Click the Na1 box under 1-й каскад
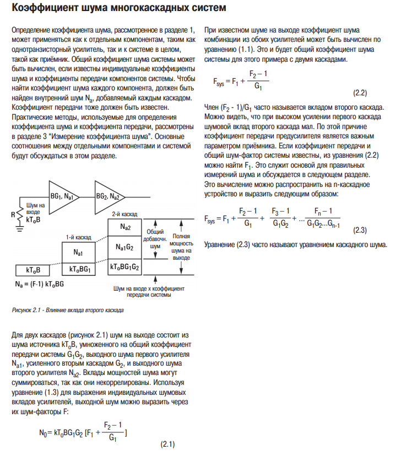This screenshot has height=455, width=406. click(x=77, y=251)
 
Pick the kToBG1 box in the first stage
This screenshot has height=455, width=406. click(x=77, y=269)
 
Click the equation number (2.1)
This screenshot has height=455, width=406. click(x=167, y=444)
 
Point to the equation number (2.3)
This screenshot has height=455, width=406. click(x=360, y=229)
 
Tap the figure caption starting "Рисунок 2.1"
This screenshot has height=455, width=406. click(x=67, y=310)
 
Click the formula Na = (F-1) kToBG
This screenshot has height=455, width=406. click(x=40, y=284)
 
